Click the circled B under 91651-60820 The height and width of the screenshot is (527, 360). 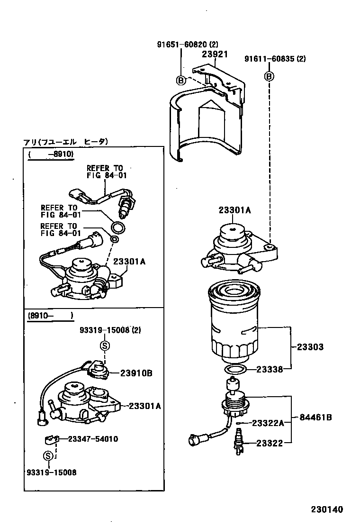pos(181,80)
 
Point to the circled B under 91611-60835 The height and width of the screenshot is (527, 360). pos(269,76)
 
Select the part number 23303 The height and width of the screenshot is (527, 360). pos(310,347)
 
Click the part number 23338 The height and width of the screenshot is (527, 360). pos(270,369)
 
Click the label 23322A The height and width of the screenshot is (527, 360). pos(268,423)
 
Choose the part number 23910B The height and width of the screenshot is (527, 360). pos(136,373)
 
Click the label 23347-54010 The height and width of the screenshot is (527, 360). pos(93,439)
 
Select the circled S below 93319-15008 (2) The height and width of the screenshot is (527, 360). pos(104,346)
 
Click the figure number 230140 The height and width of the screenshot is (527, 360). pos(326,509)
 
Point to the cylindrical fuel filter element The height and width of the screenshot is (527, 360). pos(233,322)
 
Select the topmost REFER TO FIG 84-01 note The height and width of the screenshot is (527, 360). pos(104,172)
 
